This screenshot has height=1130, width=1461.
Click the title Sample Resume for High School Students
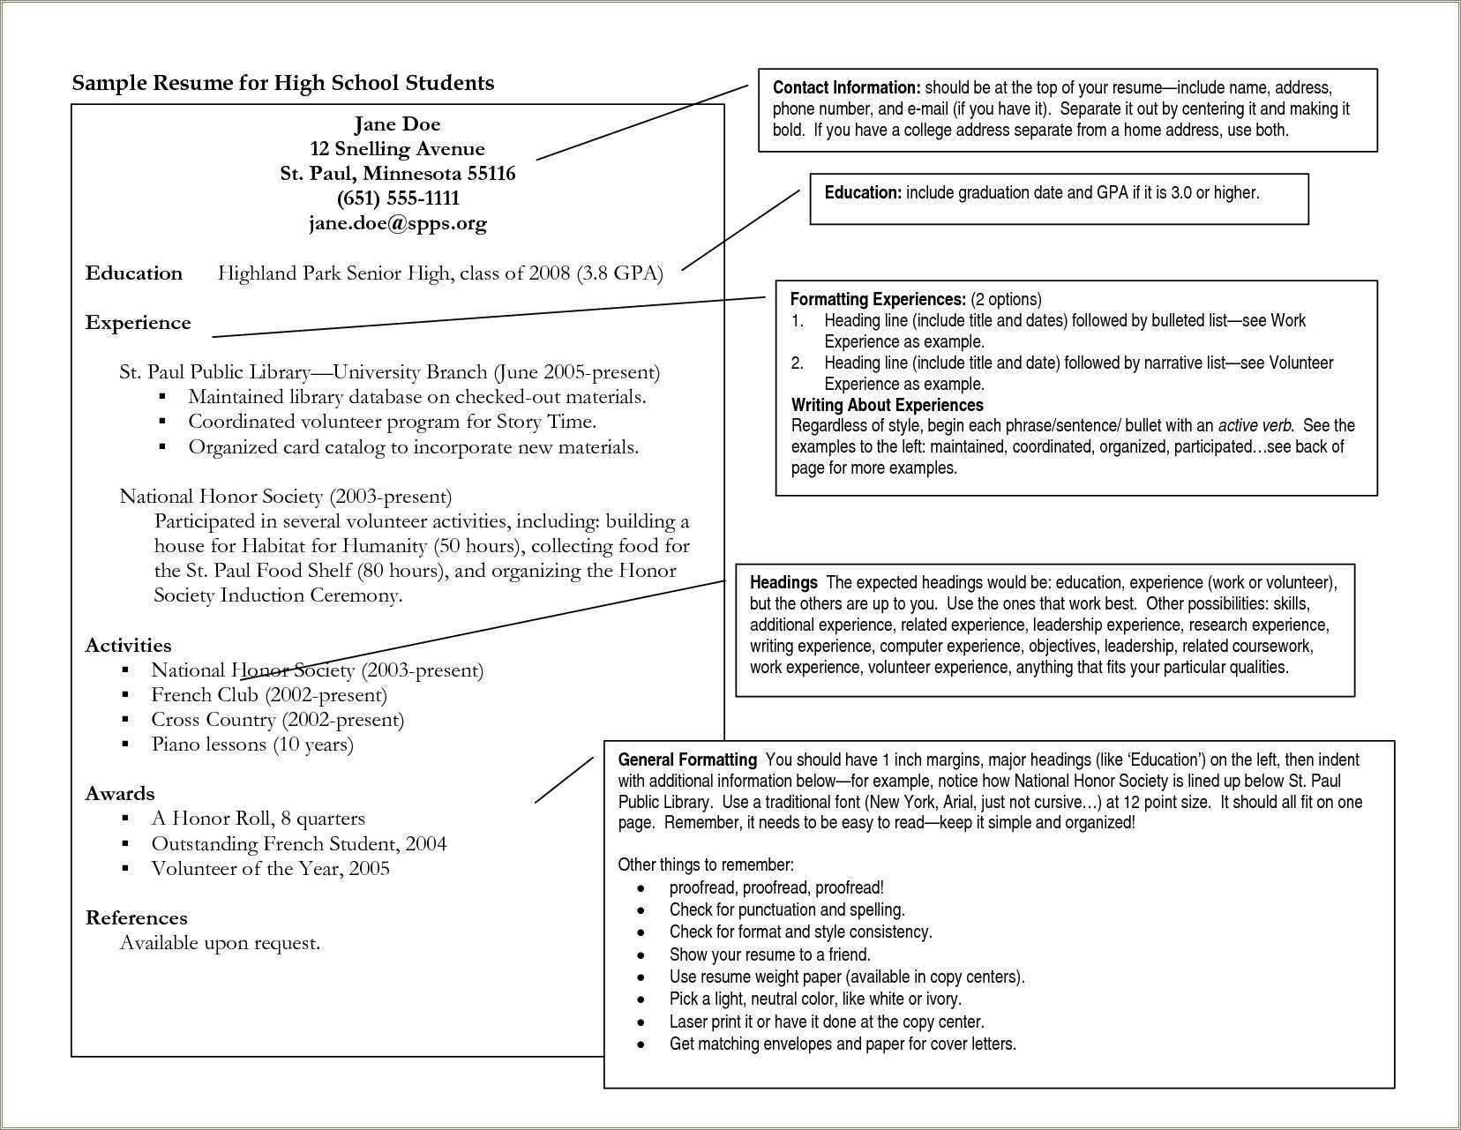coord(282,83)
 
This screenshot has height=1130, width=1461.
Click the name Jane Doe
coord(397,123)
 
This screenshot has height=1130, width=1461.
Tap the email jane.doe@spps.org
coord(397,223)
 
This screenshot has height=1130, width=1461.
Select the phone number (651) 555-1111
coord(398,198)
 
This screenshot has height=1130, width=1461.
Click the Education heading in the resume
coord(133,273)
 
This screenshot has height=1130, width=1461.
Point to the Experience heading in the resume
coord(138,323)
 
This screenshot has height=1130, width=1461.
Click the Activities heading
coord(128,646)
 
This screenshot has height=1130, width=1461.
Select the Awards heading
coord(119,794)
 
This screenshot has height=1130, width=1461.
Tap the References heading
coord(136,918)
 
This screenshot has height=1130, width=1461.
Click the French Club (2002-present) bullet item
coord(269,695)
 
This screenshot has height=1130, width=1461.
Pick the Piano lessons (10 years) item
coord(252,745)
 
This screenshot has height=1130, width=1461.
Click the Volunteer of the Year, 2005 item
coord(270,869)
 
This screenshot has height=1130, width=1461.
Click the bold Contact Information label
coord(846,87)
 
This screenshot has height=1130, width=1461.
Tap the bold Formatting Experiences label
coord(878,299)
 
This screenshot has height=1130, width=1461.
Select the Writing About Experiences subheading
coord(887,405)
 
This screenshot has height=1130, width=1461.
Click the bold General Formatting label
coord(687,760)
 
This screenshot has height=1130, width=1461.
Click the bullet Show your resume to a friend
coord(769,954)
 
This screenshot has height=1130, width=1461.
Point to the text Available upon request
coord(220,943)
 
